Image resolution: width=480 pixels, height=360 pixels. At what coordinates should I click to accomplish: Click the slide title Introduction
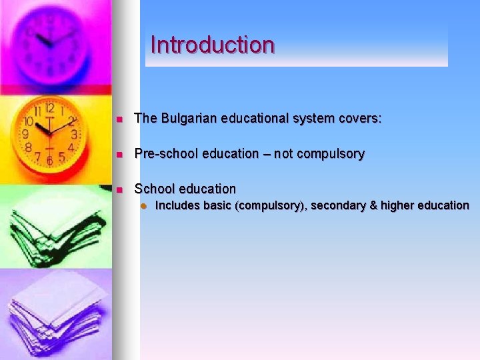click(213, 45)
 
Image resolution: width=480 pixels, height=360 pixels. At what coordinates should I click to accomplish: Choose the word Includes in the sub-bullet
click(177, 205)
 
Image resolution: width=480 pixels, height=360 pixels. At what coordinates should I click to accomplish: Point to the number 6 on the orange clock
click(49, 161)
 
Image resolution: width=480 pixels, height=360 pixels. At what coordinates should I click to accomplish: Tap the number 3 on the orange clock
click(75, 134)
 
